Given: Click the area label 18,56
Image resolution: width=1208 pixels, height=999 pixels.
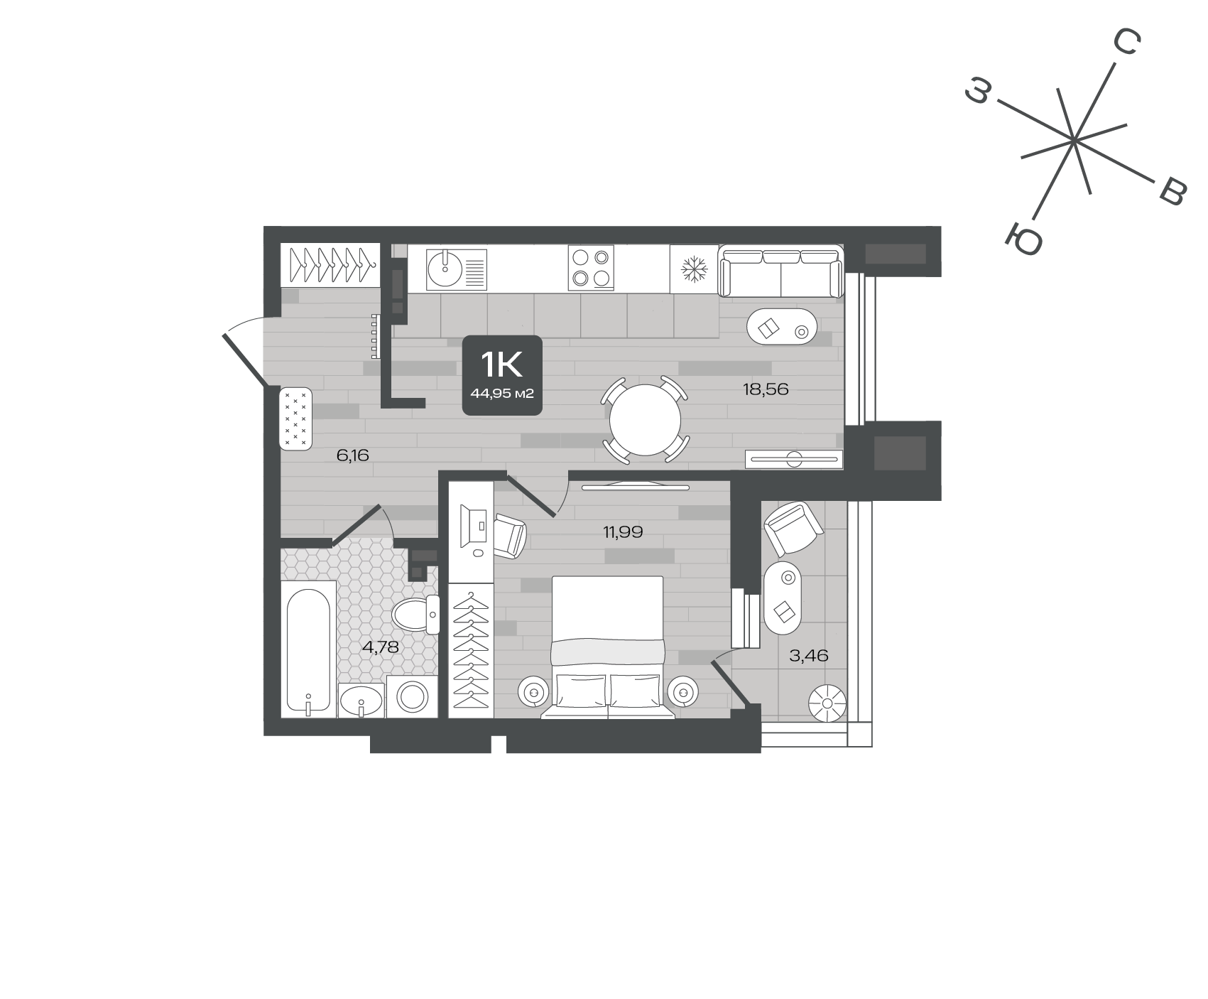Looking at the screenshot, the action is [x=766, y=389].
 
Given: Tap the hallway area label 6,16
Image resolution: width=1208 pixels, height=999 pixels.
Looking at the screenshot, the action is [x=353, y=455].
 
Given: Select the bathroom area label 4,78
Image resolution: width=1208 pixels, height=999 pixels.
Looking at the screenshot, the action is [x=380, y=647].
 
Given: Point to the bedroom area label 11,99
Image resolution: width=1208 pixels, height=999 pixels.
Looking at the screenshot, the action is [x=623, y=531].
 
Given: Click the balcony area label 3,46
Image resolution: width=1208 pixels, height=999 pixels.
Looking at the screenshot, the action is [x=809, y=655].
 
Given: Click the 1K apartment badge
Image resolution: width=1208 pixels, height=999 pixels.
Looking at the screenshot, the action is [x=503, y=375].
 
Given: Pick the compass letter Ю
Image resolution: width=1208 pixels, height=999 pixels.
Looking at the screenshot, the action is [x=1024, y=239].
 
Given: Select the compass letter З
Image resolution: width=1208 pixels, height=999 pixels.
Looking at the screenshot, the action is [x=978, y=92].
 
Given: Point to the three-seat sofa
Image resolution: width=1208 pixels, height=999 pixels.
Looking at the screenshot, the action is [x=781, y=271].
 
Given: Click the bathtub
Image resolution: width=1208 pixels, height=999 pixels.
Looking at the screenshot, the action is [x=308, y=650].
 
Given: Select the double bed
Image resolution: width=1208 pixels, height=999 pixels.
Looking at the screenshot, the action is [x=608, y=647].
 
